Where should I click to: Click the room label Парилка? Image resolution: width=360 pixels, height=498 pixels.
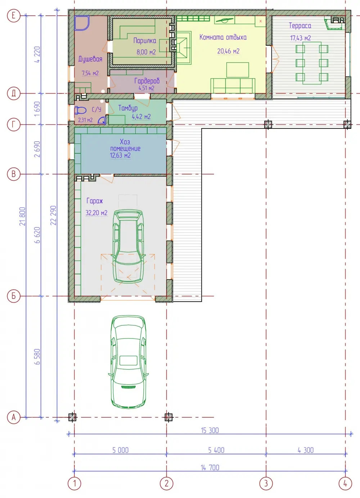[145, 41]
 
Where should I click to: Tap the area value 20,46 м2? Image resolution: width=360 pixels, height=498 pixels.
[228, 51]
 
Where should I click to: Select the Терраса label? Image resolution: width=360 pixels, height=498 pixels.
[300, 26]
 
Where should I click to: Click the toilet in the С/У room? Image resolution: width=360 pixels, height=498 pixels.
[80, 110]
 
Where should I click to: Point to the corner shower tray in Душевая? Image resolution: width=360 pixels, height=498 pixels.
[82, 23]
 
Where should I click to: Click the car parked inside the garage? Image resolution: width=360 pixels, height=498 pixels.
[128, 246]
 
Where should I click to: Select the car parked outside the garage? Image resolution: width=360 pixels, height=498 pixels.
[129, 362]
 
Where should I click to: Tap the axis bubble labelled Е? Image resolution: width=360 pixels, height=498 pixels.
[14, 15]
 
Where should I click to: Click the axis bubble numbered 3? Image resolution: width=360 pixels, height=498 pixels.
[266, 483]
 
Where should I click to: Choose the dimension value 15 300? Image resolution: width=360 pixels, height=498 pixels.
[210, 430]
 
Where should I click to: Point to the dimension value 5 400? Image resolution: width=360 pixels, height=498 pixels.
[216, 450]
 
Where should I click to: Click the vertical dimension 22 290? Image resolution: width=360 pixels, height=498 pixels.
[53, 216]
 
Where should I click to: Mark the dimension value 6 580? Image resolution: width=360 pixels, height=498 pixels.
[37, 357]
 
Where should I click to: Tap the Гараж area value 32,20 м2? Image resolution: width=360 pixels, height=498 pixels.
[96, 213]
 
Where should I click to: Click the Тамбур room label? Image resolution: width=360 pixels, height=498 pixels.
[128, 108]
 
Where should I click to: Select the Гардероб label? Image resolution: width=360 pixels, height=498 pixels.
[147, 81]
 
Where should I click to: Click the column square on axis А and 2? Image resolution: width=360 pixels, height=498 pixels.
[168, 417]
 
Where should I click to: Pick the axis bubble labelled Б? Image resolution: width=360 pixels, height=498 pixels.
[14, 296]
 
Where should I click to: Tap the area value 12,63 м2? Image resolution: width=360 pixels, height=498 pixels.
[120, 155]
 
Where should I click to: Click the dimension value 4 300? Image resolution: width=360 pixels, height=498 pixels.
[306, 450]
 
